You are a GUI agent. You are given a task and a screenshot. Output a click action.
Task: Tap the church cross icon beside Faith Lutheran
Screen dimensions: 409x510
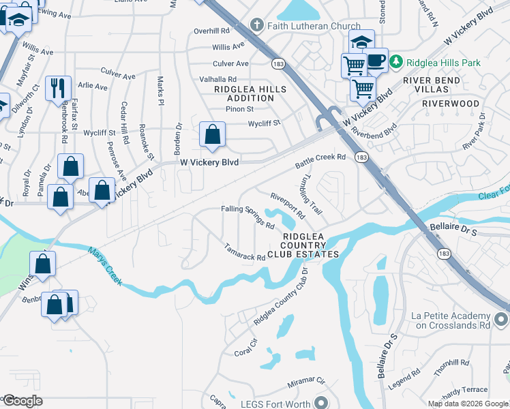click(257, 26)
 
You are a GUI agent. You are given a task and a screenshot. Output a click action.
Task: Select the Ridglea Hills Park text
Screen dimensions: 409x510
click(444, 63)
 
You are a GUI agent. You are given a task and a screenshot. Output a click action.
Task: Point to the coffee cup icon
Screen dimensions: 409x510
click(376, 59)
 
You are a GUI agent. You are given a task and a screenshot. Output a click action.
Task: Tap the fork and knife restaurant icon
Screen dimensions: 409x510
click(57, 87)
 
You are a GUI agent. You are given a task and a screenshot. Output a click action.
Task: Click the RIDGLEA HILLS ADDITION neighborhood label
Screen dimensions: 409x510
click(244, 93)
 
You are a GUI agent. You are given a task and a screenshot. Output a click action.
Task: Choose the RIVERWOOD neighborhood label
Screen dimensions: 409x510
click(451, 104)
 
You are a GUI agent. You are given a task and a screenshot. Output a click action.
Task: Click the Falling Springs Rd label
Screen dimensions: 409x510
click(247, 217)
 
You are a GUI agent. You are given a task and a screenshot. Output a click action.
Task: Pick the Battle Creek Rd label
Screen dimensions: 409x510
click(320, 162)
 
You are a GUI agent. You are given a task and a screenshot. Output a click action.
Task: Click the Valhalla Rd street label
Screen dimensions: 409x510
click(217, 79)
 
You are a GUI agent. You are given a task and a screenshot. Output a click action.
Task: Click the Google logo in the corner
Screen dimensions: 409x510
click(22, 401)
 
